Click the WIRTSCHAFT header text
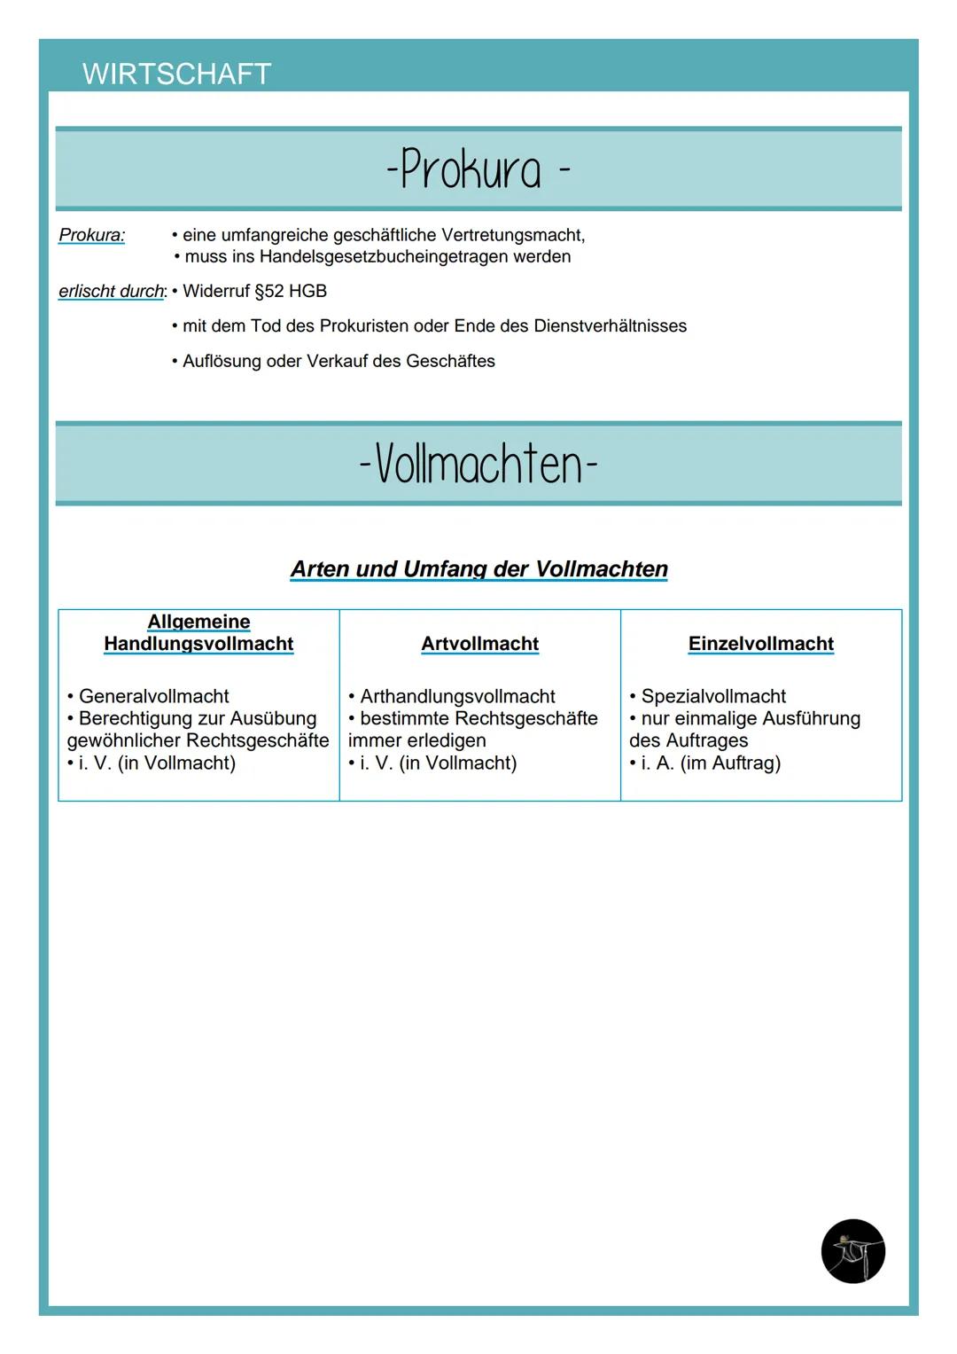[x=176, y=74]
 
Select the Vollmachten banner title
[x=478, y=464]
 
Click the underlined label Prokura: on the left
[x=91, y=235]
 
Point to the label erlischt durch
[x=112, y=291]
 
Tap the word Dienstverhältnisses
[x=610, y=326]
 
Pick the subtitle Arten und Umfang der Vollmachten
[x=478, y=568]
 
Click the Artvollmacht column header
[x=479, y=644]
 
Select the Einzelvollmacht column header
[x=760, y=644]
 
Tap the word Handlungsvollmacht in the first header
[x=198, y=644]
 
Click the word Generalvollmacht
[x=153, y=696]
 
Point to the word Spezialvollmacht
[x=713, y=696]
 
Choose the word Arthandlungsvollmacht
[x=457, y=696]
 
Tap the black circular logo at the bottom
[x=852, y=1251]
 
